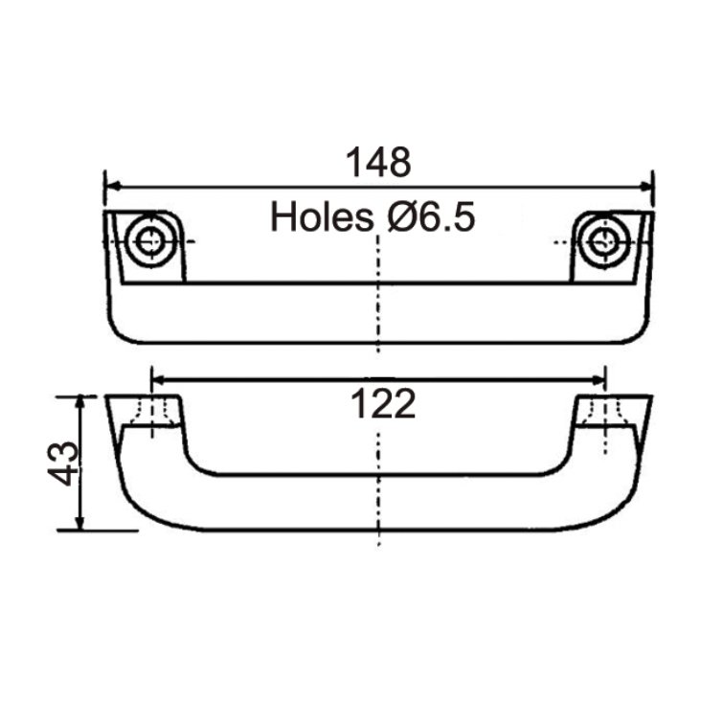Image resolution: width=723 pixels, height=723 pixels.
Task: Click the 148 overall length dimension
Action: pyautogui.click(x=378, y=163)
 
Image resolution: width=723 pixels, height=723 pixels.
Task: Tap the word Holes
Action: pyautogui.click(x=321, y=217)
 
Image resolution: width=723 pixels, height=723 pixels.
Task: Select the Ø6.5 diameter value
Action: pyautogui.click(x=432, y=217)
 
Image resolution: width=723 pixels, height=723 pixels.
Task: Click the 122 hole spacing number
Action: pyautogui.click(x=380, y=405)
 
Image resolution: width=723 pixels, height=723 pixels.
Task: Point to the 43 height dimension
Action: pyautogui.click(x=64, y=463)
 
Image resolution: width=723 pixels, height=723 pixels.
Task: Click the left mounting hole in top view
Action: pyautogui.click(x=148, y=241)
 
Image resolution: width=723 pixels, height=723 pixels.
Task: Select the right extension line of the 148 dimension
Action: pyautogui.click(x=653, y=192)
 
